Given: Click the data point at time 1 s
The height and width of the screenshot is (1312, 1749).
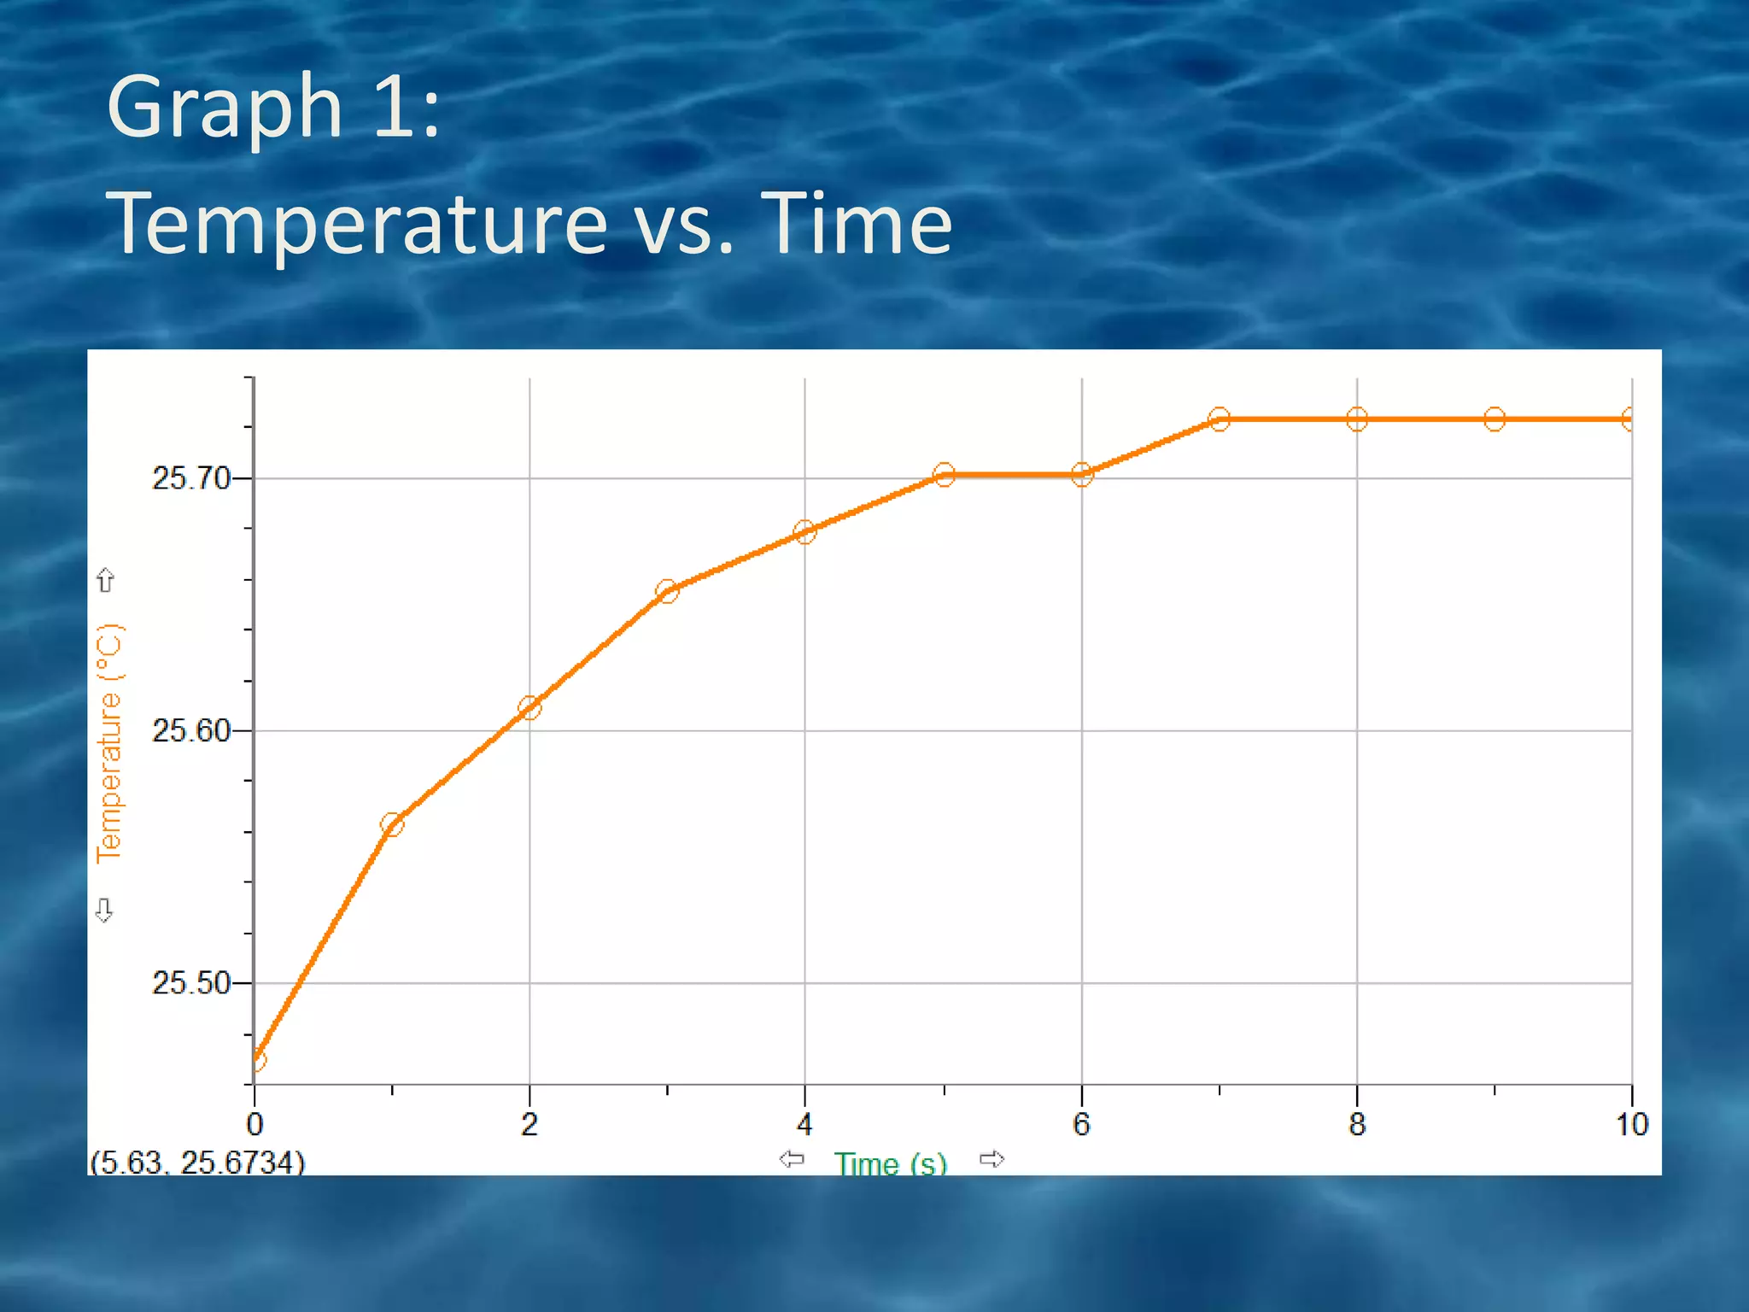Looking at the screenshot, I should pos(392,824).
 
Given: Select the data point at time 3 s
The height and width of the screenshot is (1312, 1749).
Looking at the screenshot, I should pos(667,591).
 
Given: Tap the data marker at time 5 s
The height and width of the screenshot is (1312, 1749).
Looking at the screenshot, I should pos(944,475).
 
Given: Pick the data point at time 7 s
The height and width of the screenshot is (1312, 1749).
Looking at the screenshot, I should pos(1220,419).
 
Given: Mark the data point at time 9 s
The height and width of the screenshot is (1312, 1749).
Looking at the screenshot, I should pos(1495,419).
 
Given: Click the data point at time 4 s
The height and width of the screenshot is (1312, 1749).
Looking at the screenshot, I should pos(804,532).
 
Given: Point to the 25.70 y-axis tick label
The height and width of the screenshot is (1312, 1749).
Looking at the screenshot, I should pos(191,478).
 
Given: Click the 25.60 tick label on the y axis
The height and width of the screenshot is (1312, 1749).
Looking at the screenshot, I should pos(191,731).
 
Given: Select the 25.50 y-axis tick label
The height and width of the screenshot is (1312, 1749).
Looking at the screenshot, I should pos(191,983).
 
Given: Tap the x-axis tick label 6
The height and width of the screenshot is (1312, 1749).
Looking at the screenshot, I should pos(1081,1125).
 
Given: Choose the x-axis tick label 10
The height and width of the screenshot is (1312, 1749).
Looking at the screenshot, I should pos(1631,1125).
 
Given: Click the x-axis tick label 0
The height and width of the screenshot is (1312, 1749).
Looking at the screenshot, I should pos(254,1125).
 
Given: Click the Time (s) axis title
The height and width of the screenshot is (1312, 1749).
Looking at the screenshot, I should pos(891,1163).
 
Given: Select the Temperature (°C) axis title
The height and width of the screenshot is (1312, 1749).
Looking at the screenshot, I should pos(110,743).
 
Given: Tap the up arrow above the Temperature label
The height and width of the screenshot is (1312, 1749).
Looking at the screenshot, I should pos(105,581).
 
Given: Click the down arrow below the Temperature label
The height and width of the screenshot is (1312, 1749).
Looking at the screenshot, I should pos(104,911).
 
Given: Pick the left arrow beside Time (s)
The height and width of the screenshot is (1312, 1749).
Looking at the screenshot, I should pos(792,1159).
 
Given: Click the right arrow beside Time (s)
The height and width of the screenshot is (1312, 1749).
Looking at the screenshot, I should pos(991,1159).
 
